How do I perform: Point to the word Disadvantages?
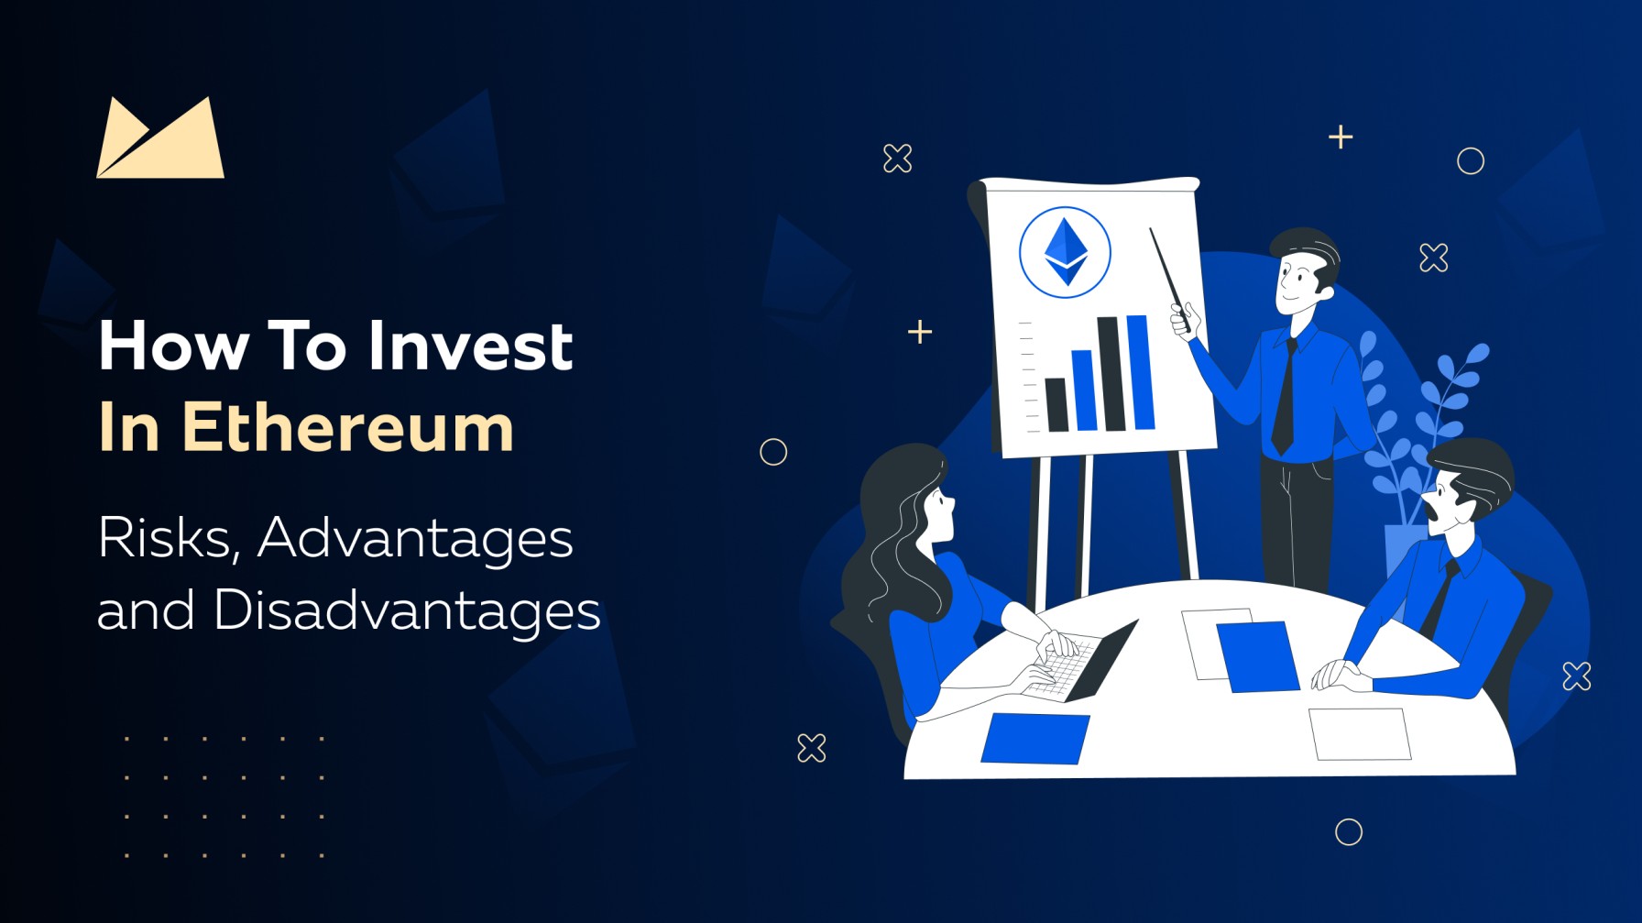click(x=407, y=611)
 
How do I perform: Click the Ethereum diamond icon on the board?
click(x=1065, y=252)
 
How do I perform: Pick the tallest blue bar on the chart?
click(x=1140, y=372)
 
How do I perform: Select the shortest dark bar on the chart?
click(x=1056, y=404)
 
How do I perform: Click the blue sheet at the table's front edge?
click(x=1035, y=738)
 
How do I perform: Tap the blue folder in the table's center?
click(x=1258, y=655)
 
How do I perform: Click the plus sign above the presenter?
click(x=1341, y=137)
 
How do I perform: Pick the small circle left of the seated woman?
click(x=773, y=452)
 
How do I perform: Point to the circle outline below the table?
click(x=1348, y=831)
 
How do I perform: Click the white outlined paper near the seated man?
click(x=1360, y=733)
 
